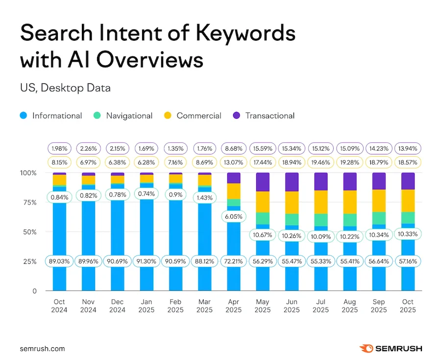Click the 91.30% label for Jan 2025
pyautogui.click(x=147, y=261)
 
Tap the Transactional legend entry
pyautogui.click(x=264, y=116)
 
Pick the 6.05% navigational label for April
pyautogui.click(x=234, y=216)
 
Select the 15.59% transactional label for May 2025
pyautogui.click(x=263, y=147)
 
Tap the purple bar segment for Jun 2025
pyautogui.click(x=292, y=181)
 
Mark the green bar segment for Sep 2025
pyautogui.click(x=379, y=218)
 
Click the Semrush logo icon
pyautogui.click(x=366, y=349)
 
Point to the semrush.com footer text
pyautogui.click(x=42, y=349)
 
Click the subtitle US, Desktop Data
pyautogui.click(x=65, y=88)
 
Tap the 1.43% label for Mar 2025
pyautogui.click(x=205, y=197)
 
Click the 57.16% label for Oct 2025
pyautogui.click(x=408, y=261)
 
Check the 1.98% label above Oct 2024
pyautogui.click(x=59, y=147)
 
